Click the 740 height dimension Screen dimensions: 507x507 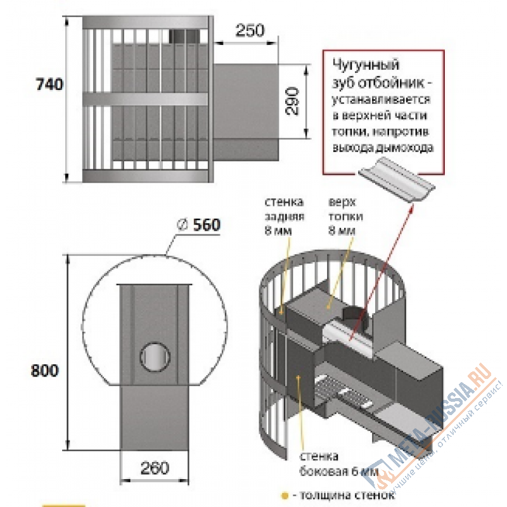tap(49, 84)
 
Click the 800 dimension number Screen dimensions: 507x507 tap(46, 371)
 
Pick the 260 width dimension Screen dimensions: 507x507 tap(155, 469)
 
